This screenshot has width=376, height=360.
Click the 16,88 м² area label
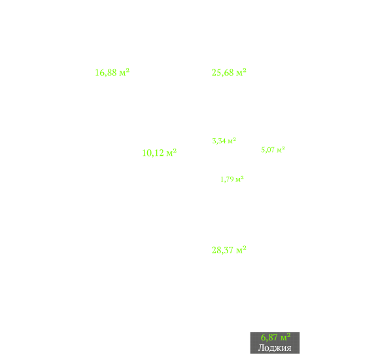click(112, 73)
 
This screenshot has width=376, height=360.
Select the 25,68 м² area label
click(229, 73)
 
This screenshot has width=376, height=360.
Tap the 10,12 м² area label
click(159, 153)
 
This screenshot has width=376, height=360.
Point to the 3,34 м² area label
click(224, 141)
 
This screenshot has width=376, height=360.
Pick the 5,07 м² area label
click(273, 150)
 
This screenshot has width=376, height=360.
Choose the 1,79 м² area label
click(232, 179)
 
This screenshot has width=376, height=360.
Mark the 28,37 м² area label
click(229, 250)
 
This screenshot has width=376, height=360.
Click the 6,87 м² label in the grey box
click(276, 337)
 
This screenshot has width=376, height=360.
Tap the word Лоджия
click(275, 348)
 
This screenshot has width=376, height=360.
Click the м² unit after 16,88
click(124, 72)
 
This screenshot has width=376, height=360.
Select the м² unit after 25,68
click(241, 72)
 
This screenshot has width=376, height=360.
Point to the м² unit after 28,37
click(241, 249)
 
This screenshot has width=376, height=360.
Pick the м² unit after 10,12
click(171, 152)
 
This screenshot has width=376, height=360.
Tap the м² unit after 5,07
click(281, 149)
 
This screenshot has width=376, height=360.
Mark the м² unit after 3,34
click(232, 141)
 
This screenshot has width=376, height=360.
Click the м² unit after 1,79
click(240, 179)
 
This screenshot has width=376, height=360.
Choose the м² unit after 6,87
click(286, 337)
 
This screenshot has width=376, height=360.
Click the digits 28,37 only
click(222, 250)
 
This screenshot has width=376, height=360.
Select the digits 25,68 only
click(222, 73)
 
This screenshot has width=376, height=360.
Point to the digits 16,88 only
click(106, 73)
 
